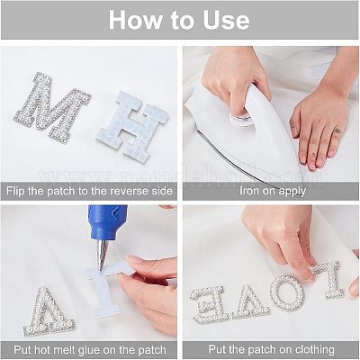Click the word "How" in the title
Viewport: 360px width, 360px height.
pos(135,20)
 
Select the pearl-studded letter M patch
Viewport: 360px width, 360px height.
pos(51,107)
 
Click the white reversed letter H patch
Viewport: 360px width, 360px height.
pos(132,126)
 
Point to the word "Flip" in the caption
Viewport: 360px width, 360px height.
pos(15,191)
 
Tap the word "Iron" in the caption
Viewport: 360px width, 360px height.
pos(247,191)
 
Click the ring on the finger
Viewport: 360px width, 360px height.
pos(337,130)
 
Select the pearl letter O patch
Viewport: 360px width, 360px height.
pos(286,292)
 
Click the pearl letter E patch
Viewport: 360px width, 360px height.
pos(208,303)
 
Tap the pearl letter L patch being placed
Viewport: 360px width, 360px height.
pos(329,280)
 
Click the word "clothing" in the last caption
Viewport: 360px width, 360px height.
pos(315,349)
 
